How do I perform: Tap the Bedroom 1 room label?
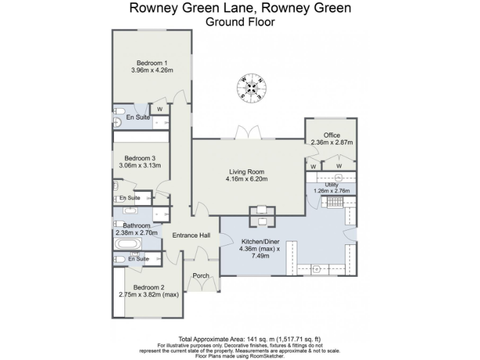[152, 62]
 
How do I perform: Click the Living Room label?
[246, 172]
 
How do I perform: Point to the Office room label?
[332, 135]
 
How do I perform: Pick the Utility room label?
[331, 185]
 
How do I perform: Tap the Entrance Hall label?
[191, 235]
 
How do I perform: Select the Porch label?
[201, 276]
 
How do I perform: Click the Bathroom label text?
[136, 226]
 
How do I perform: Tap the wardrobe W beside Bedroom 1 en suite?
[159, 109]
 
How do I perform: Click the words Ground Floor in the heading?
[240, 22]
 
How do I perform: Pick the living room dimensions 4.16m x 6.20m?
[246, 179]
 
